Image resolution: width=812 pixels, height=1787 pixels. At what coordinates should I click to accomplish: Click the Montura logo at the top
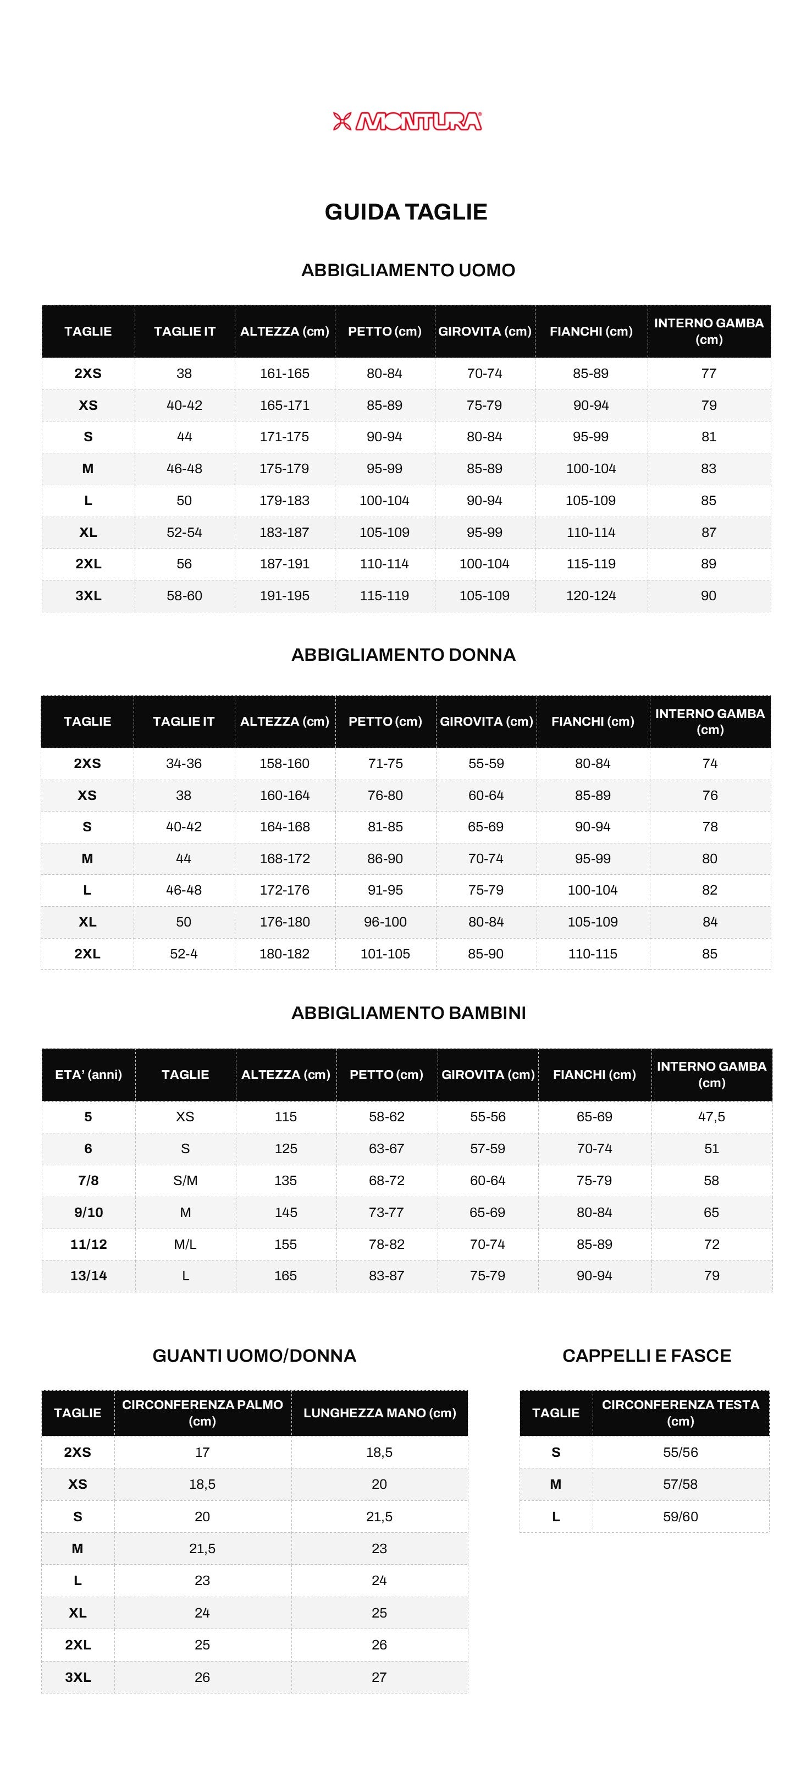407,122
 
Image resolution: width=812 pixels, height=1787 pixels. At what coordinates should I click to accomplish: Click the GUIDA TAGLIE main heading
406,212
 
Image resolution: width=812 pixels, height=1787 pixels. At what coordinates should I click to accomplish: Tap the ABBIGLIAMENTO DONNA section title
403,654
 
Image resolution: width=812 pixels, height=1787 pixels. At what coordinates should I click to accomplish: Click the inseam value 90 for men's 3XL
708,595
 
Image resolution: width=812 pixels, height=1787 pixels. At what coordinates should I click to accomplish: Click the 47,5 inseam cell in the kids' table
711,1116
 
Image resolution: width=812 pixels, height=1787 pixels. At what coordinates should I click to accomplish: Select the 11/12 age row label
88,1244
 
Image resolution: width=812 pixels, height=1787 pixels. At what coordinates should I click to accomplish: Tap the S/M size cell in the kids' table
185,1180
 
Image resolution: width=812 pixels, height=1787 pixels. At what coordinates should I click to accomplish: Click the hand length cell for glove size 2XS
379,1452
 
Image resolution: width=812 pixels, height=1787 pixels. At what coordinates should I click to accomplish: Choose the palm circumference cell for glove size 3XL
202,1677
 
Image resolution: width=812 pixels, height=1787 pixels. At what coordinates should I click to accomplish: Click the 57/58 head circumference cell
680,1484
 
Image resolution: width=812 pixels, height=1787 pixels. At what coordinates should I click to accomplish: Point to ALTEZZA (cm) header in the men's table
284,331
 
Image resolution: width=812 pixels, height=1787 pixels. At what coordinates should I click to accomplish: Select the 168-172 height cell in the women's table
284,858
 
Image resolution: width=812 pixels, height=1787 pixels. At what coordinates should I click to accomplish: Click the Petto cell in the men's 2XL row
384,563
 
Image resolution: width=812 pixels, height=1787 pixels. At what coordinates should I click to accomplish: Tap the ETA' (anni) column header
88,1074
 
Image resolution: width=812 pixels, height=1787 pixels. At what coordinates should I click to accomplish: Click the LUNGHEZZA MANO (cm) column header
379,1412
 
